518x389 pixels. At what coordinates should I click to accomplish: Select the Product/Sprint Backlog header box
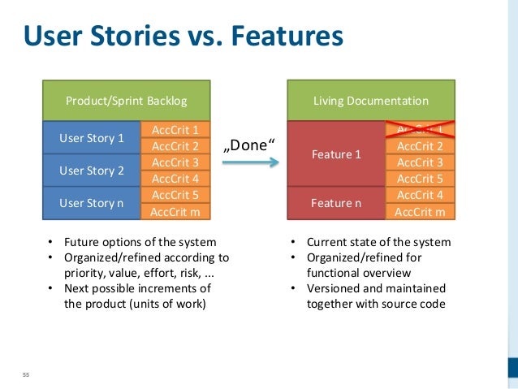pos(126,101)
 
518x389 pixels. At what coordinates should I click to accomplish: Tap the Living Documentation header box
pos(371,101)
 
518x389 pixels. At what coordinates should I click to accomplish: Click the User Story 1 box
pos(92,137)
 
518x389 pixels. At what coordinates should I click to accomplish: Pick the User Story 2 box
pos(92,171)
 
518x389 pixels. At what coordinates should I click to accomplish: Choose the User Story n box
pos(92,203)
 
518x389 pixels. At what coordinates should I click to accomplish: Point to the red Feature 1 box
pos(336,153)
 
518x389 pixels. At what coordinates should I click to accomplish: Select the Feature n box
pos(336,203)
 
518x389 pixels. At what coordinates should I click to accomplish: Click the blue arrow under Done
pos(250,163)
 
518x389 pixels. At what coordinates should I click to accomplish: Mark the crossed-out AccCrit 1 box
pos(419,130)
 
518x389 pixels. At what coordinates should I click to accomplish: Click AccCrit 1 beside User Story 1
pos(175,130)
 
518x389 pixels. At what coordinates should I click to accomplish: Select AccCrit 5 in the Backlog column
pos(175,195)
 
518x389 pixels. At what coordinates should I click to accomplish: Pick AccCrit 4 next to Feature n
pos(419,195)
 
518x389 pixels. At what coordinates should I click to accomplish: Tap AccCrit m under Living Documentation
pos(419,212)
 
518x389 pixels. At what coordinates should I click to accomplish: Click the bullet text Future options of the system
pos(140,242)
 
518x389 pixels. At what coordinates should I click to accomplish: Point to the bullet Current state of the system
pos(378,242)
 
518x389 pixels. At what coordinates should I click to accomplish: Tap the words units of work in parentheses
pos(172,304)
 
